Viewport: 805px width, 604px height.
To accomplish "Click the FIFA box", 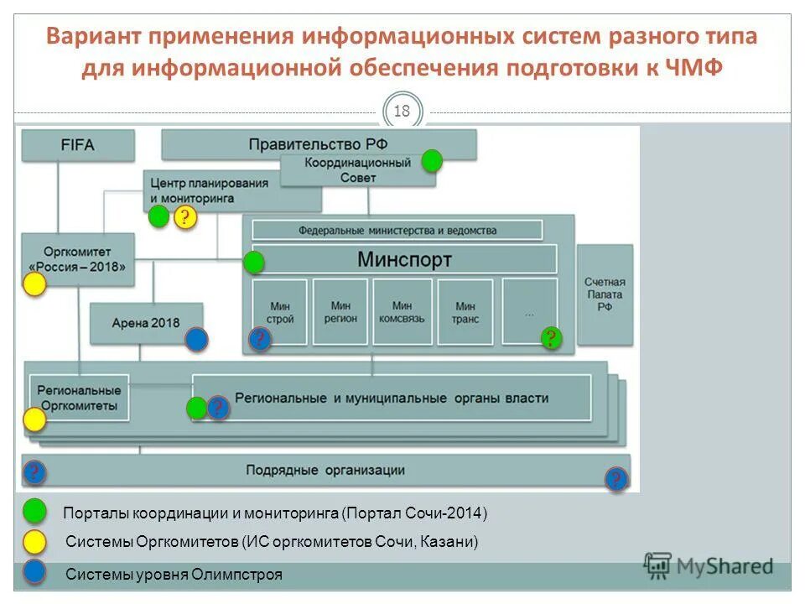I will click(77, 144).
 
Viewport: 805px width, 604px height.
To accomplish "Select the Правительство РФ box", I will click(319, 143).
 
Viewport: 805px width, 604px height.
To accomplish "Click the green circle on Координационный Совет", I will click(431, 161).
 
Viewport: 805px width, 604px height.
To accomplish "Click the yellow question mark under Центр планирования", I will click(184, 218).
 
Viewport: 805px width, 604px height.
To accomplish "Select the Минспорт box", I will click(404, 259).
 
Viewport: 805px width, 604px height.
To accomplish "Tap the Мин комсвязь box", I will click(402, 312).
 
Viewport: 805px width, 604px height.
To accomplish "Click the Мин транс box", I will click(462, 312).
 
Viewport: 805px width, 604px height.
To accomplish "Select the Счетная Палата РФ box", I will click(605, 295).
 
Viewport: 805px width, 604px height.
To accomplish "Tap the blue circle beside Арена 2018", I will click(196, 339).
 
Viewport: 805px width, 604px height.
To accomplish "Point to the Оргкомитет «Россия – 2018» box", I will click(79, 256).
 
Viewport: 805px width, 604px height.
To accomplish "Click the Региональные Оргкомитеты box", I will click(79, 398).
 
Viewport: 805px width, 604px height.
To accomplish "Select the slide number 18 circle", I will click(402, 112).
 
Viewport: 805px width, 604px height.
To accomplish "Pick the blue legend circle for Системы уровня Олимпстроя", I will click(34, 572).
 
